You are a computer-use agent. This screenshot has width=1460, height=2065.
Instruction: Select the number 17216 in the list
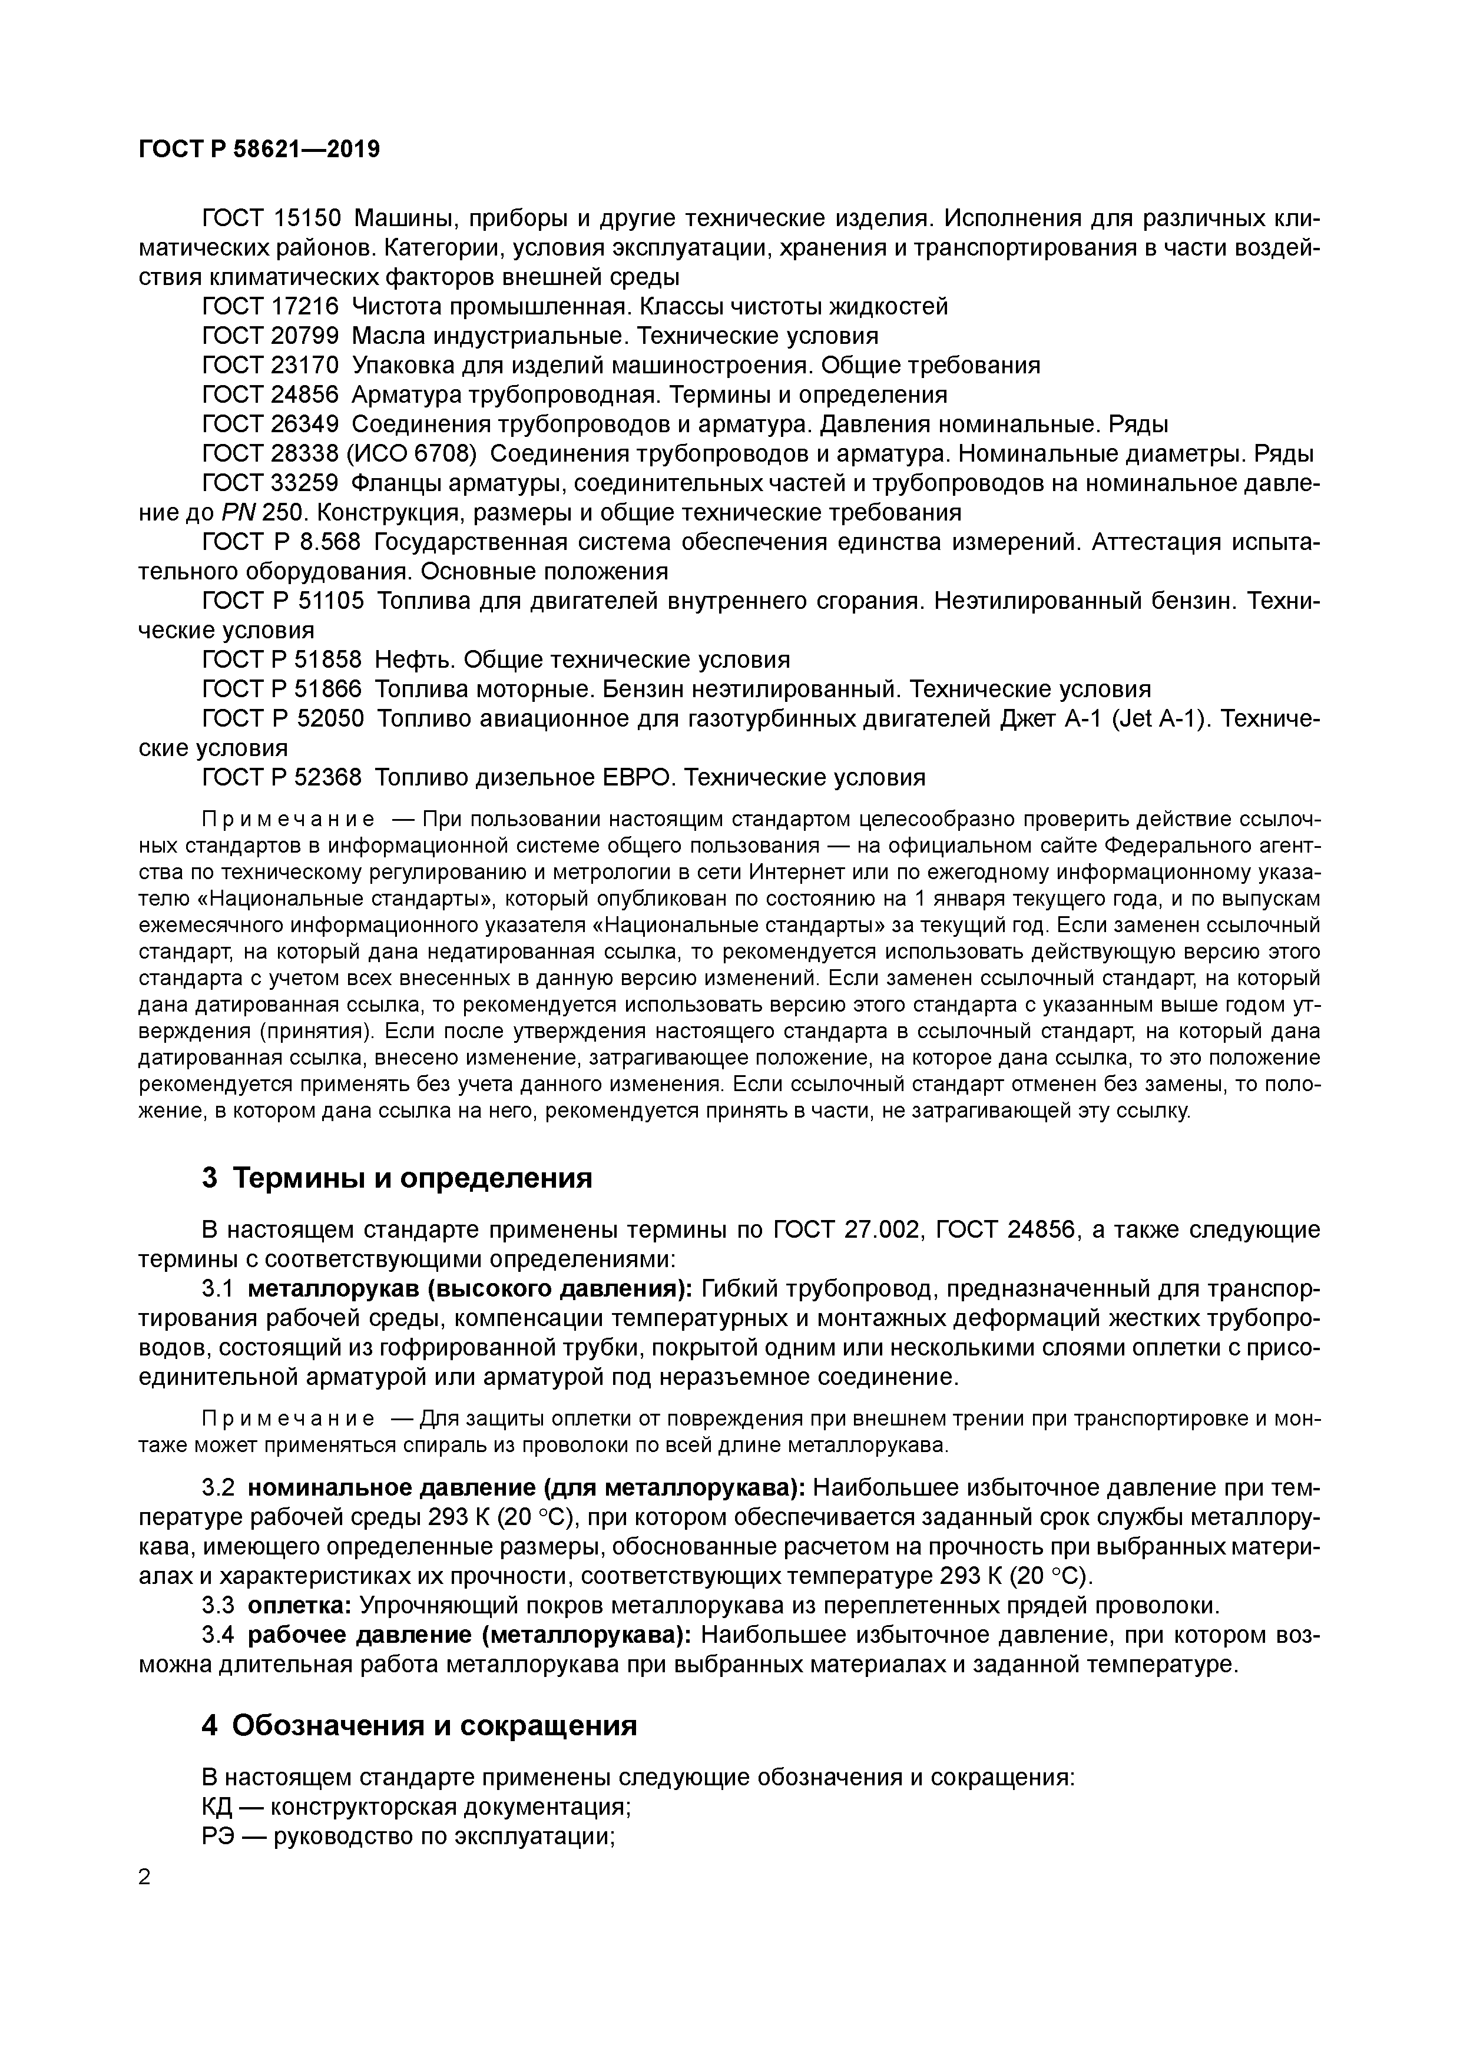click(304, 307)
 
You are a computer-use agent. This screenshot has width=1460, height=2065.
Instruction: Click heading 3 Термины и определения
click(398, 1177)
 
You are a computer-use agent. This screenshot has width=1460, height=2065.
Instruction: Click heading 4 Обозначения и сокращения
click(420, 1725)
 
